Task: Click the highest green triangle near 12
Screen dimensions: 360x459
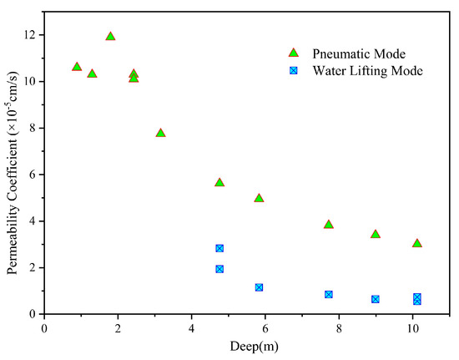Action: click(x=110, y=37)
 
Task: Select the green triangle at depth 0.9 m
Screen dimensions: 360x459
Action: click(x=77, y=67)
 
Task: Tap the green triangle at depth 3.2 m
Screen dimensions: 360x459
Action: click(x=160, y=134)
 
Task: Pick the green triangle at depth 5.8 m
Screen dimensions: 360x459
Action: click(x=259, y=199)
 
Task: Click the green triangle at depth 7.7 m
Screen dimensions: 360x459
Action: click(x=329, y=225)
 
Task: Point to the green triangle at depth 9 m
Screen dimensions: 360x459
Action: click(x=376, y=235)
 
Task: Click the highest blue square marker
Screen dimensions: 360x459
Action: click(x=219, y=248)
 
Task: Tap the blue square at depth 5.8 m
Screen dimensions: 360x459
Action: click(x=259, y=287)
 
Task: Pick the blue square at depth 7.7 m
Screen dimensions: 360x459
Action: click(x=329, y=294)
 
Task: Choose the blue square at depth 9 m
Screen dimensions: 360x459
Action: click(x=376, y=299)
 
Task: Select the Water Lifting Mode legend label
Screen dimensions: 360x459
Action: click(x=368, y=71)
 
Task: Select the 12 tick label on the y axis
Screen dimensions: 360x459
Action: click(x=31, y=35)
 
